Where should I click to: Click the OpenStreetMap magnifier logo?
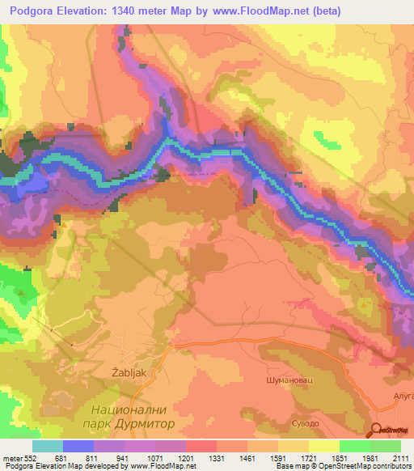tap(378, 430)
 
